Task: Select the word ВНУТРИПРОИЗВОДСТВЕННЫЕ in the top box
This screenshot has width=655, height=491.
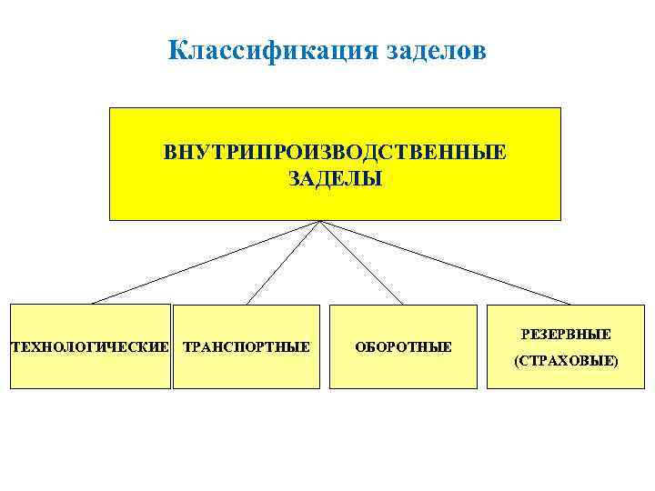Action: click(x=335, y=150)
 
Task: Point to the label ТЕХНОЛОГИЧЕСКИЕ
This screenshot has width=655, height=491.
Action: click(x=89, y=347)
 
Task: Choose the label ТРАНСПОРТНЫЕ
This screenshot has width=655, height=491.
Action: click(x=247, y=347)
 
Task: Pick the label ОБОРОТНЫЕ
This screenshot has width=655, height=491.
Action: click(x=403, y=347)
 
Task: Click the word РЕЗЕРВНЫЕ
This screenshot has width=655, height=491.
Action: click(x=566, y=336)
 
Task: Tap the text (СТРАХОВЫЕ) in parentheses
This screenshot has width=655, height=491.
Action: click(x=566, y=361)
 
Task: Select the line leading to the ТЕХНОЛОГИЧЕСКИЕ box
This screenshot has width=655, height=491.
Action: click(x=205, y=262)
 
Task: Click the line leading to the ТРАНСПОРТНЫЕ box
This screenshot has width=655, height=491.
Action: click(x=282, y=262)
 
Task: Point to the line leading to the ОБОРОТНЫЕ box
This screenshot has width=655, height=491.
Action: click(x=361, y=262)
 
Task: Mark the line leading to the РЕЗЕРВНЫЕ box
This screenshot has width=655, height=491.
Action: click(x=446, y=262)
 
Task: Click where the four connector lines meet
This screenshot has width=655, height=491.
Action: click(x=320, y=221)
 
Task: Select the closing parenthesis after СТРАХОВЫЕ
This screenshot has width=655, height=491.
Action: click(x=616, y=361)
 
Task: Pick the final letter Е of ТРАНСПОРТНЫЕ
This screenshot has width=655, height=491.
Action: click(x=306, y=347)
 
